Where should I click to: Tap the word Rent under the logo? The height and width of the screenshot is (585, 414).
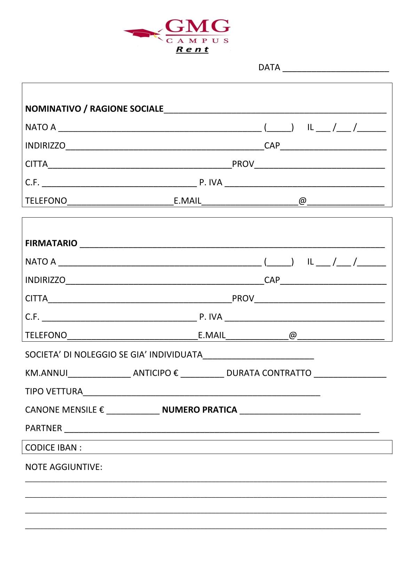192,49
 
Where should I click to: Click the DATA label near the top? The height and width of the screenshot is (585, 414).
269,67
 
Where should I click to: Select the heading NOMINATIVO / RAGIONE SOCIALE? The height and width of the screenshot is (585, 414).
94,109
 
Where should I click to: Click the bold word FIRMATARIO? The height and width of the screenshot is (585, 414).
51,243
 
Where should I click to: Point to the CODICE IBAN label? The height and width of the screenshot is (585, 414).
53,447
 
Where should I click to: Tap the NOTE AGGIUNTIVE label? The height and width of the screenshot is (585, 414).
64,467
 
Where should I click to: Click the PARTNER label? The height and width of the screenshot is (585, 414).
43,428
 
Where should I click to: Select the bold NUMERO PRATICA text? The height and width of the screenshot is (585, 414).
199,410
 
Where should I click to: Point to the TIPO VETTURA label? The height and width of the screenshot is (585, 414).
54,391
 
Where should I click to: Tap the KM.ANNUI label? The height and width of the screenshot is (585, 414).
46,373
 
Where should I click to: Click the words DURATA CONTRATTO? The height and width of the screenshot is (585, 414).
269,373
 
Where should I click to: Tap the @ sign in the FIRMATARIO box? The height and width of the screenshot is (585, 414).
293,335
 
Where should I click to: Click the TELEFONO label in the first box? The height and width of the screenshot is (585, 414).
46,201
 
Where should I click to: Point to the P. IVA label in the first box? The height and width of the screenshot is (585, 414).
210,182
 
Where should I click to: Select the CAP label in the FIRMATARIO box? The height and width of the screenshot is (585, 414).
272,280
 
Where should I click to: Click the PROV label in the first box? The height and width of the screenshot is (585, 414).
243,164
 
